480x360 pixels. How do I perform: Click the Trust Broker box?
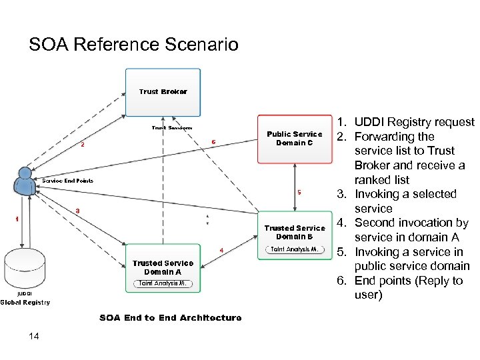[x=163, y=91]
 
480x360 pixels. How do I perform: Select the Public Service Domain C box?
[x=294, y=139]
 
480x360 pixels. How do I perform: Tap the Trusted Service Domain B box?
[x=294, y=235]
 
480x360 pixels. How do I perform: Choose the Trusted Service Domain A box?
[x=163, y=268]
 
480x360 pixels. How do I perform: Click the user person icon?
[x=25, y=179]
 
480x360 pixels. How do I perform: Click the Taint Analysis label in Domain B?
[x=295, y=250]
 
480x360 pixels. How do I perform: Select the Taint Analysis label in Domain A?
[x=163, y=283]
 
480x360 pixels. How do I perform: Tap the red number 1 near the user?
[x=17, y=219]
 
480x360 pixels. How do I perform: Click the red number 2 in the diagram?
[x=83, y=145]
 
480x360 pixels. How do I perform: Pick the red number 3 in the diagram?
[x=78, y=211]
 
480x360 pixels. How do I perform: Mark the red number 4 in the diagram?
[x=221, y=251]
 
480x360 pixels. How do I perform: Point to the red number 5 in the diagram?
[x=299, y=193]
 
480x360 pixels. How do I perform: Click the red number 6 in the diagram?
[x=213, y=141]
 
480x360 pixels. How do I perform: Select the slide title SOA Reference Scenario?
[x=133, y=45]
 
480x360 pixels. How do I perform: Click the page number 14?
[x=34, y=336]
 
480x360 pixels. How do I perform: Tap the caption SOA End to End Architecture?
[x=171, y=318]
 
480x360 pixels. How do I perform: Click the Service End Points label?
[x=67, y=181]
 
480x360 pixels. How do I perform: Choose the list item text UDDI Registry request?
[x=414, y=122]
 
